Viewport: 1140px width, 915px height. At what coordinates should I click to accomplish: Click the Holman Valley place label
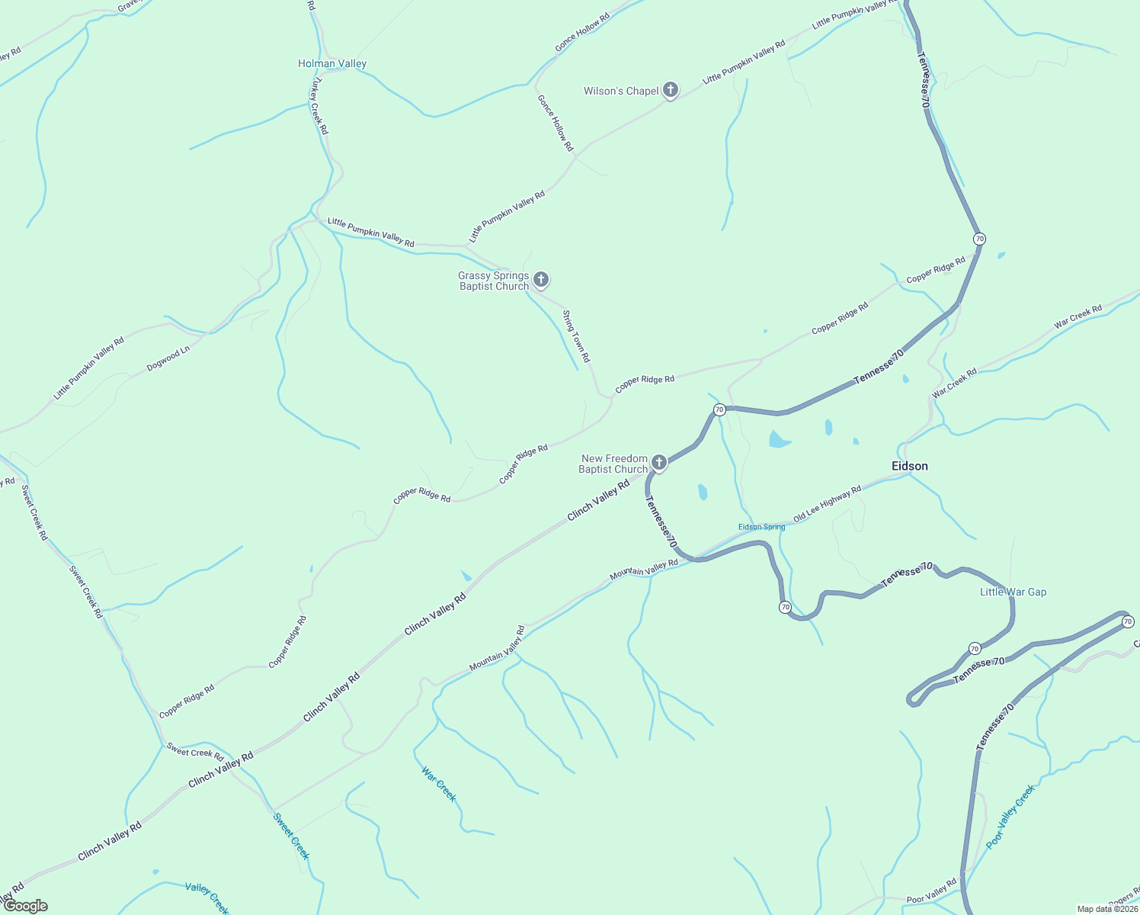[332, 64]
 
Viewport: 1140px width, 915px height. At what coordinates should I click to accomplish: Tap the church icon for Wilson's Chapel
[671, 91]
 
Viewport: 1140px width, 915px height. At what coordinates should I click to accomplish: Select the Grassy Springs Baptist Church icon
[541, 280]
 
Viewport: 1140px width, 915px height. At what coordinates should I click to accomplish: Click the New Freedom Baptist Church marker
[659, 462]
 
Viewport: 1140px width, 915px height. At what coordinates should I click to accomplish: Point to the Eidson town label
[910, 466]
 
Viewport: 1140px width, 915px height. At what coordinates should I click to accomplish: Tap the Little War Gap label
[1013, 592]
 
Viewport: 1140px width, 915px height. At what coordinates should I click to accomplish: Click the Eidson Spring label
[761, 527]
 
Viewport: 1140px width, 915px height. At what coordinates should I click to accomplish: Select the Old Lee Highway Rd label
[827, 504]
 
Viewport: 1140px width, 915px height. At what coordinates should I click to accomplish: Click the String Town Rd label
[576, 336]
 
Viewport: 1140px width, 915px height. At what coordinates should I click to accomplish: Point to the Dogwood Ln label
[168, 360]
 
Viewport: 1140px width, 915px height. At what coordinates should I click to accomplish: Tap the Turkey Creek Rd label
[319, 107]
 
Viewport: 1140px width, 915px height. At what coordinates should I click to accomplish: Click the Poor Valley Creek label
[1010, 817]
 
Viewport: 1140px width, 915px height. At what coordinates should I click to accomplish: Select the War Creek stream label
[439, 784]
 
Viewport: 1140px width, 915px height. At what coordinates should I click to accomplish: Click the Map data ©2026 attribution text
[1106, 909]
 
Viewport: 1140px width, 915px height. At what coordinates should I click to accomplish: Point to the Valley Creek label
[207, 897]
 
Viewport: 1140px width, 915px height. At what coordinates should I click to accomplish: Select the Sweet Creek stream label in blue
[291, 836]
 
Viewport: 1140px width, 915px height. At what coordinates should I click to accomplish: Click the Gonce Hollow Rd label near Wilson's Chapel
[555, 123]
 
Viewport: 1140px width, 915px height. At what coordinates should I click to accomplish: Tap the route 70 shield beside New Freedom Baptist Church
[719, 410]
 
